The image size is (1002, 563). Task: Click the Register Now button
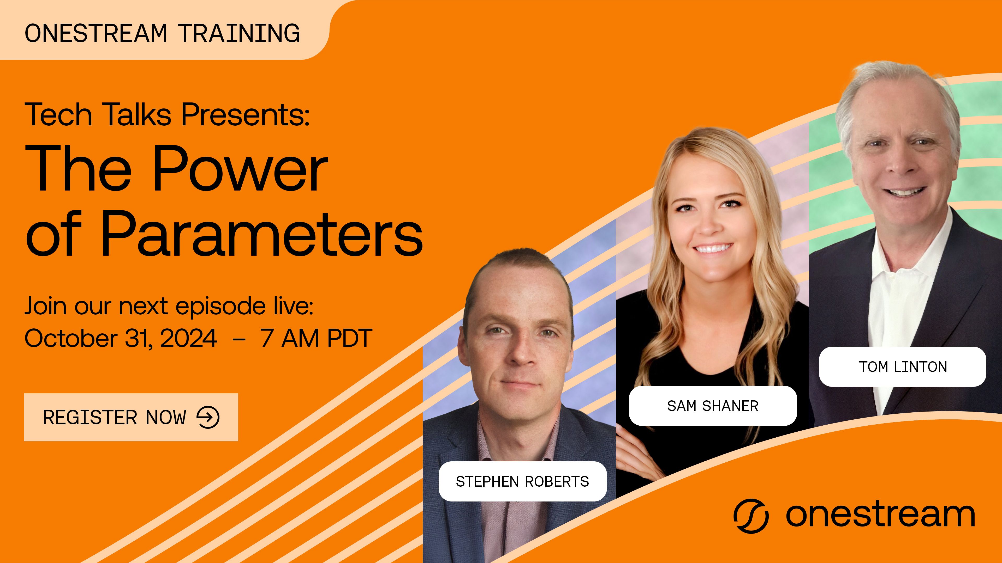click(131, 417)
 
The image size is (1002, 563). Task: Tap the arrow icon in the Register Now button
click(208, 417)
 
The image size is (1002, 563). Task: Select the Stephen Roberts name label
click(522, 481)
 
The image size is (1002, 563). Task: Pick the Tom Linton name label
click(903, 367)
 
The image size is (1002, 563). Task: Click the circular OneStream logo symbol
click(751, 516)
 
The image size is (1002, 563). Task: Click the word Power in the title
click(240, 169)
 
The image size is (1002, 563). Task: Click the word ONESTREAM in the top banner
click(96, 33)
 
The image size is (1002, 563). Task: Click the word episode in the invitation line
click(221, 307)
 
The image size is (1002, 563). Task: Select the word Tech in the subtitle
click(58, 115)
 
